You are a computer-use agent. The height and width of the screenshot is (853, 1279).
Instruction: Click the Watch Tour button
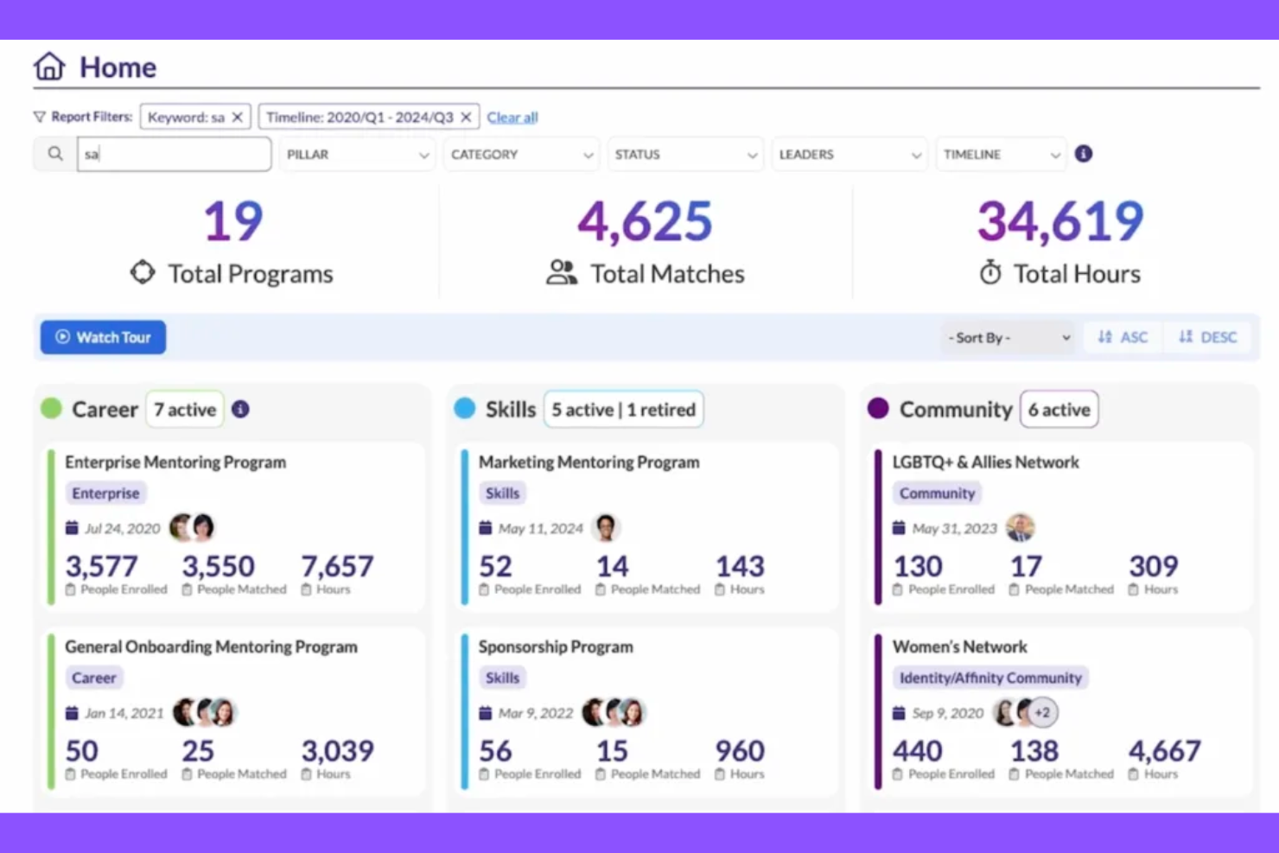tap(103, 337)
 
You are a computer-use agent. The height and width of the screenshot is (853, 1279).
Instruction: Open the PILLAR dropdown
tap(357, 155)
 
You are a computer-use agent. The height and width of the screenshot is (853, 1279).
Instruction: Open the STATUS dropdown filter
tap(685, 155)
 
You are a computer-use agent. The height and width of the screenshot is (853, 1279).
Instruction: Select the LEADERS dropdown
tap(849, 155)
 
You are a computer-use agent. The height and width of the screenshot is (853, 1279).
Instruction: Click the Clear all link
tap(512, 118)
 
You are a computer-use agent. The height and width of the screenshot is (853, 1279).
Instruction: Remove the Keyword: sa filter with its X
tap(238, 118)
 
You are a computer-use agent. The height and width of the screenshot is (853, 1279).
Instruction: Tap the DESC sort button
tap(1208, 337)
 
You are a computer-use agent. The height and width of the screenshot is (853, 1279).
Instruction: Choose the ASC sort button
tap(1123, 337)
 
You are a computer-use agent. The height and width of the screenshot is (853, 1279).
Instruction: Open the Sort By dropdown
tap(1009, 337)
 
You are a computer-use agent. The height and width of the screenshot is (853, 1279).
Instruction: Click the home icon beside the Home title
tap(49, 67)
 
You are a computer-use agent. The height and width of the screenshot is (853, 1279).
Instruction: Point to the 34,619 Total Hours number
tap(1060, 221)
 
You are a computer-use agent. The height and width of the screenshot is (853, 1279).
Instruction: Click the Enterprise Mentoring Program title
tap(175, 462)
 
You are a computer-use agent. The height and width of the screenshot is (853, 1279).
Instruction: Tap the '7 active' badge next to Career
tap(185, 410)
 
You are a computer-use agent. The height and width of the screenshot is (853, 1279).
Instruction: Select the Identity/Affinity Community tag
tap(990, 678)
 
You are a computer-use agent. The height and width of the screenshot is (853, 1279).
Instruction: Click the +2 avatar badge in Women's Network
tap(1044, 713)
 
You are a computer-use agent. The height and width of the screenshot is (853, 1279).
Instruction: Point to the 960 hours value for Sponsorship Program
tap(740, 751)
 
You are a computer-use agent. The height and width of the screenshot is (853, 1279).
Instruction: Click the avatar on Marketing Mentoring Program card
tap(607, 527)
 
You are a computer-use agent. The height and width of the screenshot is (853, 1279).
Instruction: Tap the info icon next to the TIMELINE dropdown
tap(1084, 154)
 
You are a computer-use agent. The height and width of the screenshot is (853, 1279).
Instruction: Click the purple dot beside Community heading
tap(878, 409)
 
